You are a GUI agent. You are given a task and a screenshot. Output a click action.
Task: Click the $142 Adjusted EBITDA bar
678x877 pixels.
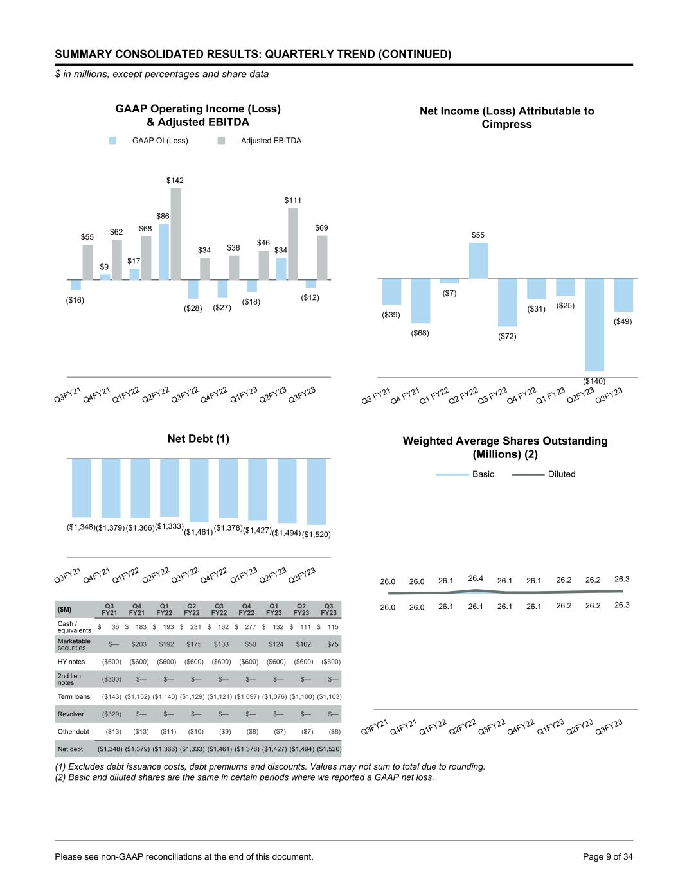(x=175, y=234)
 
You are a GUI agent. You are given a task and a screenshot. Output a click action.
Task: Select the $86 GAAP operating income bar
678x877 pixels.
(x=164, y=252)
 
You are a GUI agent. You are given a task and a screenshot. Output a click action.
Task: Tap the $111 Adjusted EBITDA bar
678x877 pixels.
(x=293, y=244)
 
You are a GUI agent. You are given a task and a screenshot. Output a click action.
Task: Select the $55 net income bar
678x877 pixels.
(x=478, y=260)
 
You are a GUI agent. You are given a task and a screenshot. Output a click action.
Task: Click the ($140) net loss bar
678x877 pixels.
(x=594, y=324)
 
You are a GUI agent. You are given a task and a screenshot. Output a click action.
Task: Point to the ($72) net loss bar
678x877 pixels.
(x=507, y=302)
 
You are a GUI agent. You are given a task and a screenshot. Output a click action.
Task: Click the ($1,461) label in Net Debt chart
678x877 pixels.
(x=199, y=532)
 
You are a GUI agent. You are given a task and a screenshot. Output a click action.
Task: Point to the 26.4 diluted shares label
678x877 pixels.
(x=476, y=578)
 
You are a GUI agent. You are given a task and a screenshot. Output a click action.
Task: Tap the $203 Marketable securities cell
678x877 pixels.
(x=139, y=644)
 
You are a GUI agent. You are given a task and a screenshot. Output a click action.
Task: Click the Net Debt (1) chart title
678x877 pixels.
(x=198, y=439)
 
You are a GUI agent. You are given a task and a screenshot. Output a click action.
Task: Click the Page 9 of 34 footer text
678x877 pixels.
(x=607, y=856)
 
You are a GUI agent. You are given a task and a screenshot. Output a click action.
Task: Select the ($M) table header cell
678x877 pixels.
(x=65, y=609)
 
